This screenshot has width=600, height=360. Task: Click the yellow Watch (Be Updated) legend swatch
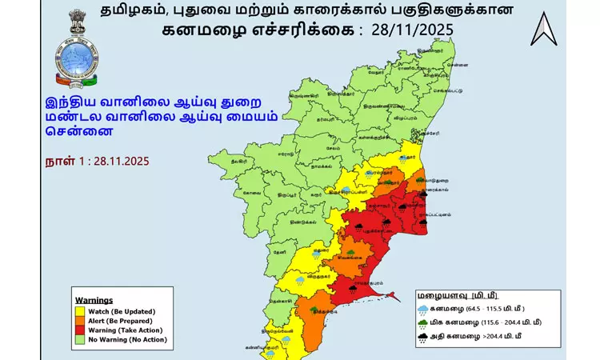click(80, 310)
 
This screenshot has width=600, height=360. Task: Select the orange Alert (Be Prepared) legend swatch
click(80, 320)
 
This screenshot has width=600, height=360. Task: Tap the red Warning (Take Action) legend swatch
click(80, 330)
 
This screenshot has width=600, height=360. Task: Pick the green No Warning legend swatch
click(80, 339)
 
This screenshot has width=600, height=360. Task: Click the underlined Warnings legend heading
click(94, 300)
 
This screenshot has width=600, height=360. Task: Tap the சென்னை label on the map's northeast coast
click(458, 62)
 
